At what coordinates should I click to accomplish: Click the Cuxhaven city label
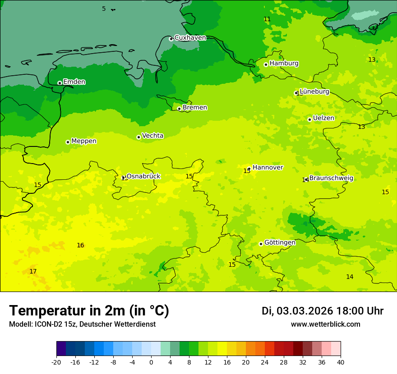190,38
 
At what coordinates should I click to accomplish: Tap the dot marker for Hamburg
266,64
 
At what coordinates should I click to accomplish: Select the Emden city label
74,82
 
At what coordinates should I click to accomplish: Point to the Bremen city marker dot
179,109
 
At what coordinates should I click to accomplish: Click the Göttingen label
280,243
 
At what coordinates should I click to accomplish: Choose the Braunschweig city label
331,178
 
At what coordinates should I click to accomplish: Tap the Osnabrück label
143,177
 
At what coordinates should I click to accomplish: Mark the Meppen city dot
68,142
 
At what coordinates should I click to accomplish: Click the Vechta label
152,136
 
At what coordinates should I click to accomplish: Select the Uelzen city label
323,119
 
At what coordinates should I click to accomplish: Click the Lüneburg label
314,92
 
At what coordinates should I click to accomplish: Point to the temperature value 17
33,271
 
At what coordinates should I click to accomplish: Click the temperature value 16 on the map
80,246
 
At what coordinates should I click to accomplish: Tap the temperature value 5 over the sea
104,9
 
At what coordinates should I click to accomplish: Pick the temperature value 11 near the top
267,19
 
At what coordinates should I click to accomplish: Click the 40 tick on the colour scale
341,362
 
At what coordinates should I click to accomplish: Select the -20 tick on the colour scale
56,362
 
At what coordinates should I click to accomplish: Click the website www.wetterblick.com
325,324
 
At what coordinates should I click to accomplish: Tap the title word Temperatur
48,310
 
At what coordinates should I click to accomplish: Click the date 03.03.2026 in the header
305,311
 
